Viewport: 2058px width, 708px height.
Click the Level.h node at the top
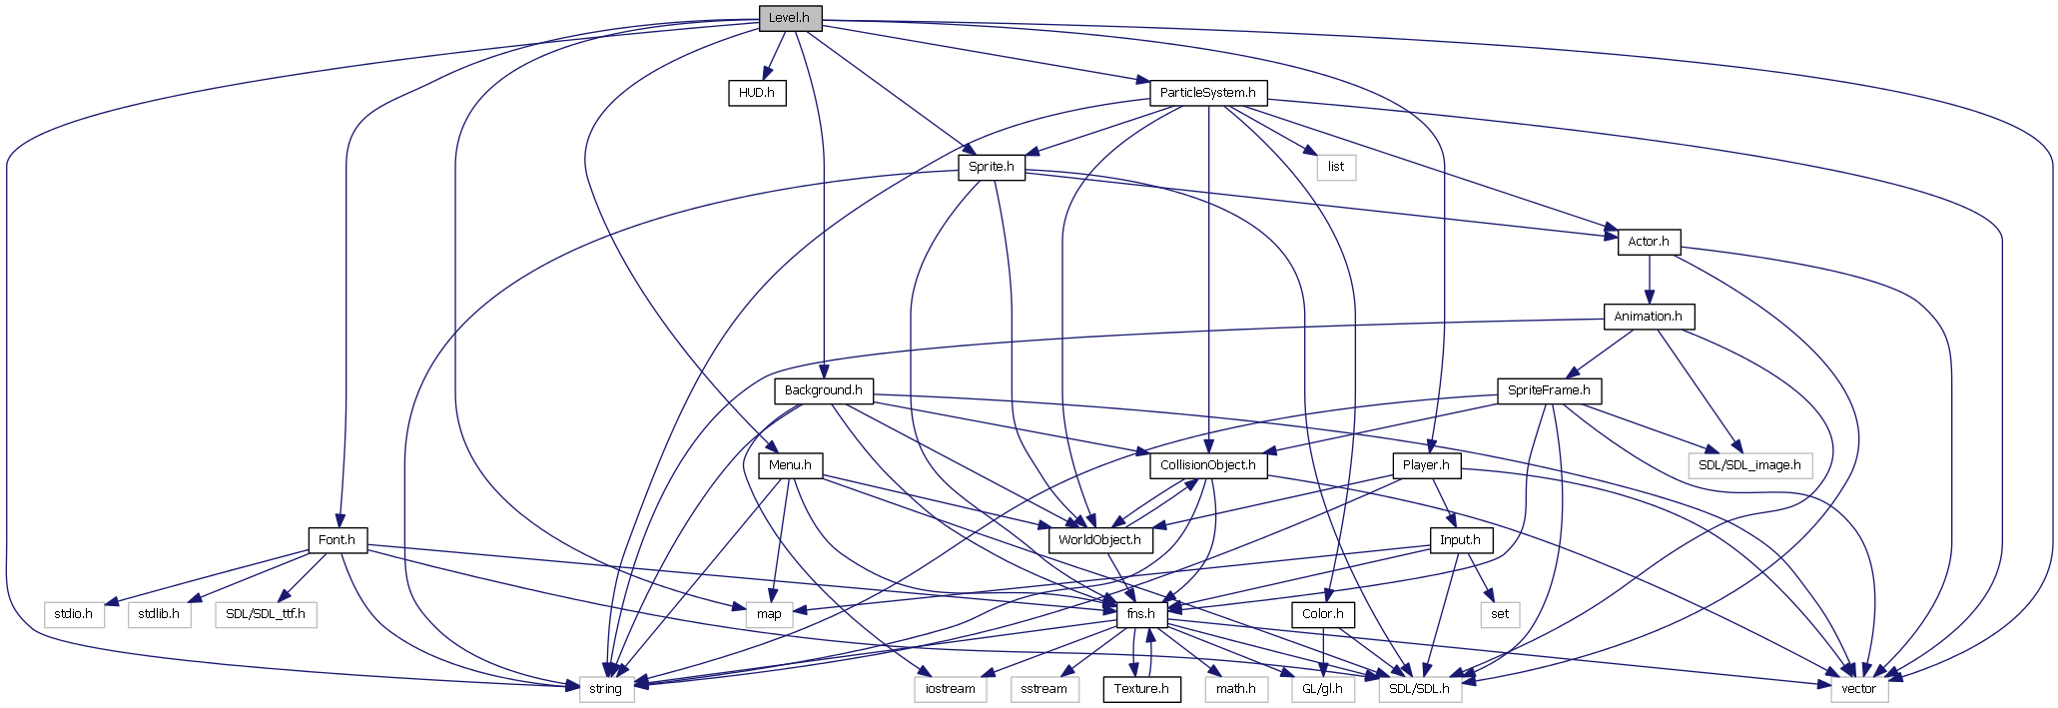coord(789,18)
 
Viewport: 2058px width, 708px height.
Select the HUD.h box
coord(756,93)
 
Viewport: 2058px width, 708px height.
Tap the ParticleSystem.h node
coord(1208,93)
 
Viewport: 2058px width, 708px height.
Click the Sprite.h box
coord(991,167)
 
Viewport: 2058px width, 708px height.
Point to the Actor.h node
coord(1648,242)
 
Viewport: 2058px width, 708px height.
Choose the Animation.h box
coord(1648,317)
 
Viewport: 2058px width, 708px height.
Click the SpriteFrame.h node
coord(1548,390)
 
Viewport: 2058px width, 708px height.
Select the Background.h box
coord(823,390)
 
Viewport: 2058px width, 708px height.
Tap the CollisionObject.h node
coord(1207,465)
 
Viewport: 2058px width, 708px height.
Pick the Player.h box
coord(1426,465)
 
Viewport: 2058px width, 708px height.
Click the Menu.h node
coord(790,465)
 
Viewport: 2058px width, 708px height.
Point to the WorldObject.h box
coord(1099,540)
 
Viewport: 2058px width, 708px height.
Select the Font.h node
coord(337,540)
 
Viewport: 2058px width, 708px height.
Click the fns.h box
coord(1140,614)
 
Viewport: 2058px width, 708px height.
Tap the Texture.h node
coord(1141,689)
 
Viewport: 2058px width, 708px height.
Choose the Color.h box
coord(1323,614)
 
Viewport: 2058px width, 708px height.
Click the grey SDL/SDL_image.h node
coord(1749,465)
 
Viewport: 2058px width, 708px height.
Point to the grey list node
coord(1335,167)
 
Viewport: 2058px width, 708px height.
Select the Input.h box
coord(1460,540)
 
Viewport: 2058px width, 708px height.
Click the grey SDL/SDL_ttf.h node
coord(265,614)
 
